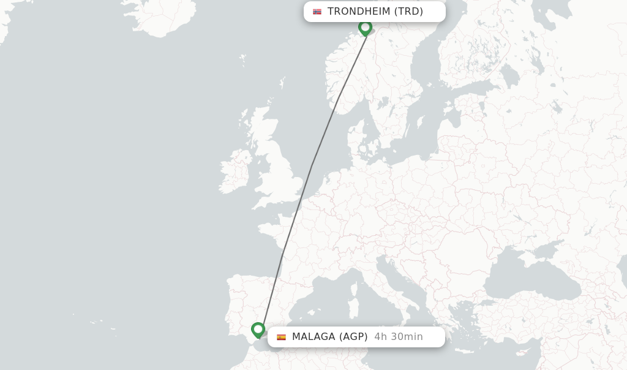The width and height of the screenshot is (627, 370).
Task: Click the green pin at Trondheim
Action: click(365, 28)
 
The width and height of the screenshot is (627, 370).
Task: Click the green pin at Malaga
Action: click(258, 330)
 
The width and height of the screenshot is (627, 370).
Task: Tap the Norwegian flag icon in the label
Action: click(317, 12)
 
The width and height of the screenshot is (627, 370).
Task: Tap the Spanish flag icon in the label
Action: click(281, 337)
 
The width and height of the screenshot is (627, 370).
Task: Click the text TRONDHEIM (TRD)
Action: click(375, 12)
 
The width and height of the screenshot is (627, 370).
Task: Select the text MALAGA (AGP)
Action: click(329, 337)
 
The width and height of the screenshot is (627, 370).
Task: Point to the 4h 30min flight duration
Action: click(398, 337)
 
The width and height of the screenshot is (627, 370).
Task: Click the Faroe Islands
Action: click(243, 61)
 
